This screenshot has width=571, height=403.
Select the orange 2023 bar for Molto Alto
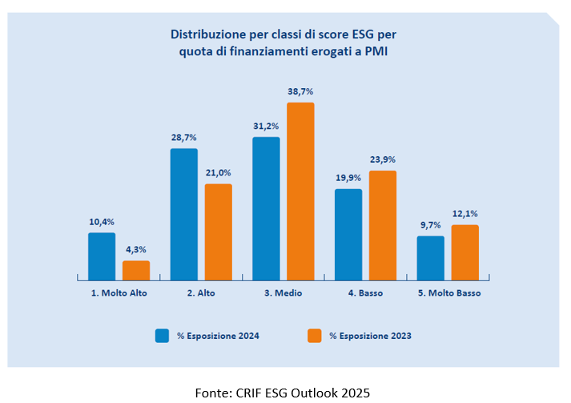pyautogui.click(x=136, y=270)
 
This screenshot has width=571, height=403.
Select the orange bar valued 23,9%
pyautogui.click(x=383, y=225)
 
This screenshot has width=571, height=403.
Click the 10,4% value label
pyautogui.click(x=102, y=220)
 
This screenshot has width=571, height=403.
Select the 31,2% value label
pyautogui.click(x=266, y=125)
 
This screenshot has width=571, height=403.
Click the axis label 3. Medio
pyautogui.click(x=283, y=293)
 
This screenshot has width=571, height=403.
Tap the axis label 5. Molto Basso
pyautogui.click(x=448, y=293)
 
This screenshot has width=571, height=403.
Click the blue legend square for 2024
pyautogui.click(x=162, y=336)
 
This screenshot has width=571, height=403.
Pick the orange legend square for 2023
pyautogui.click(x=315, y=336)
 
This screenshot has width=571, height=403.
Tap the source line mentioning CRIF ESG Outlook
pyautogui.click(x=283, y=392)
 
